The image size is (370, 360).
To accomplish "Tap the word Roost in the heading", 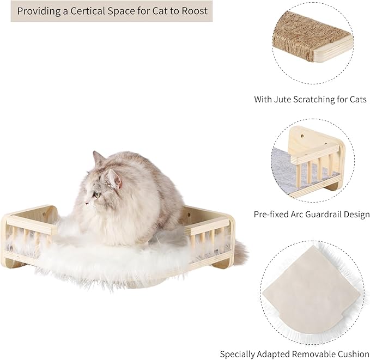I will point(194,10).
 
